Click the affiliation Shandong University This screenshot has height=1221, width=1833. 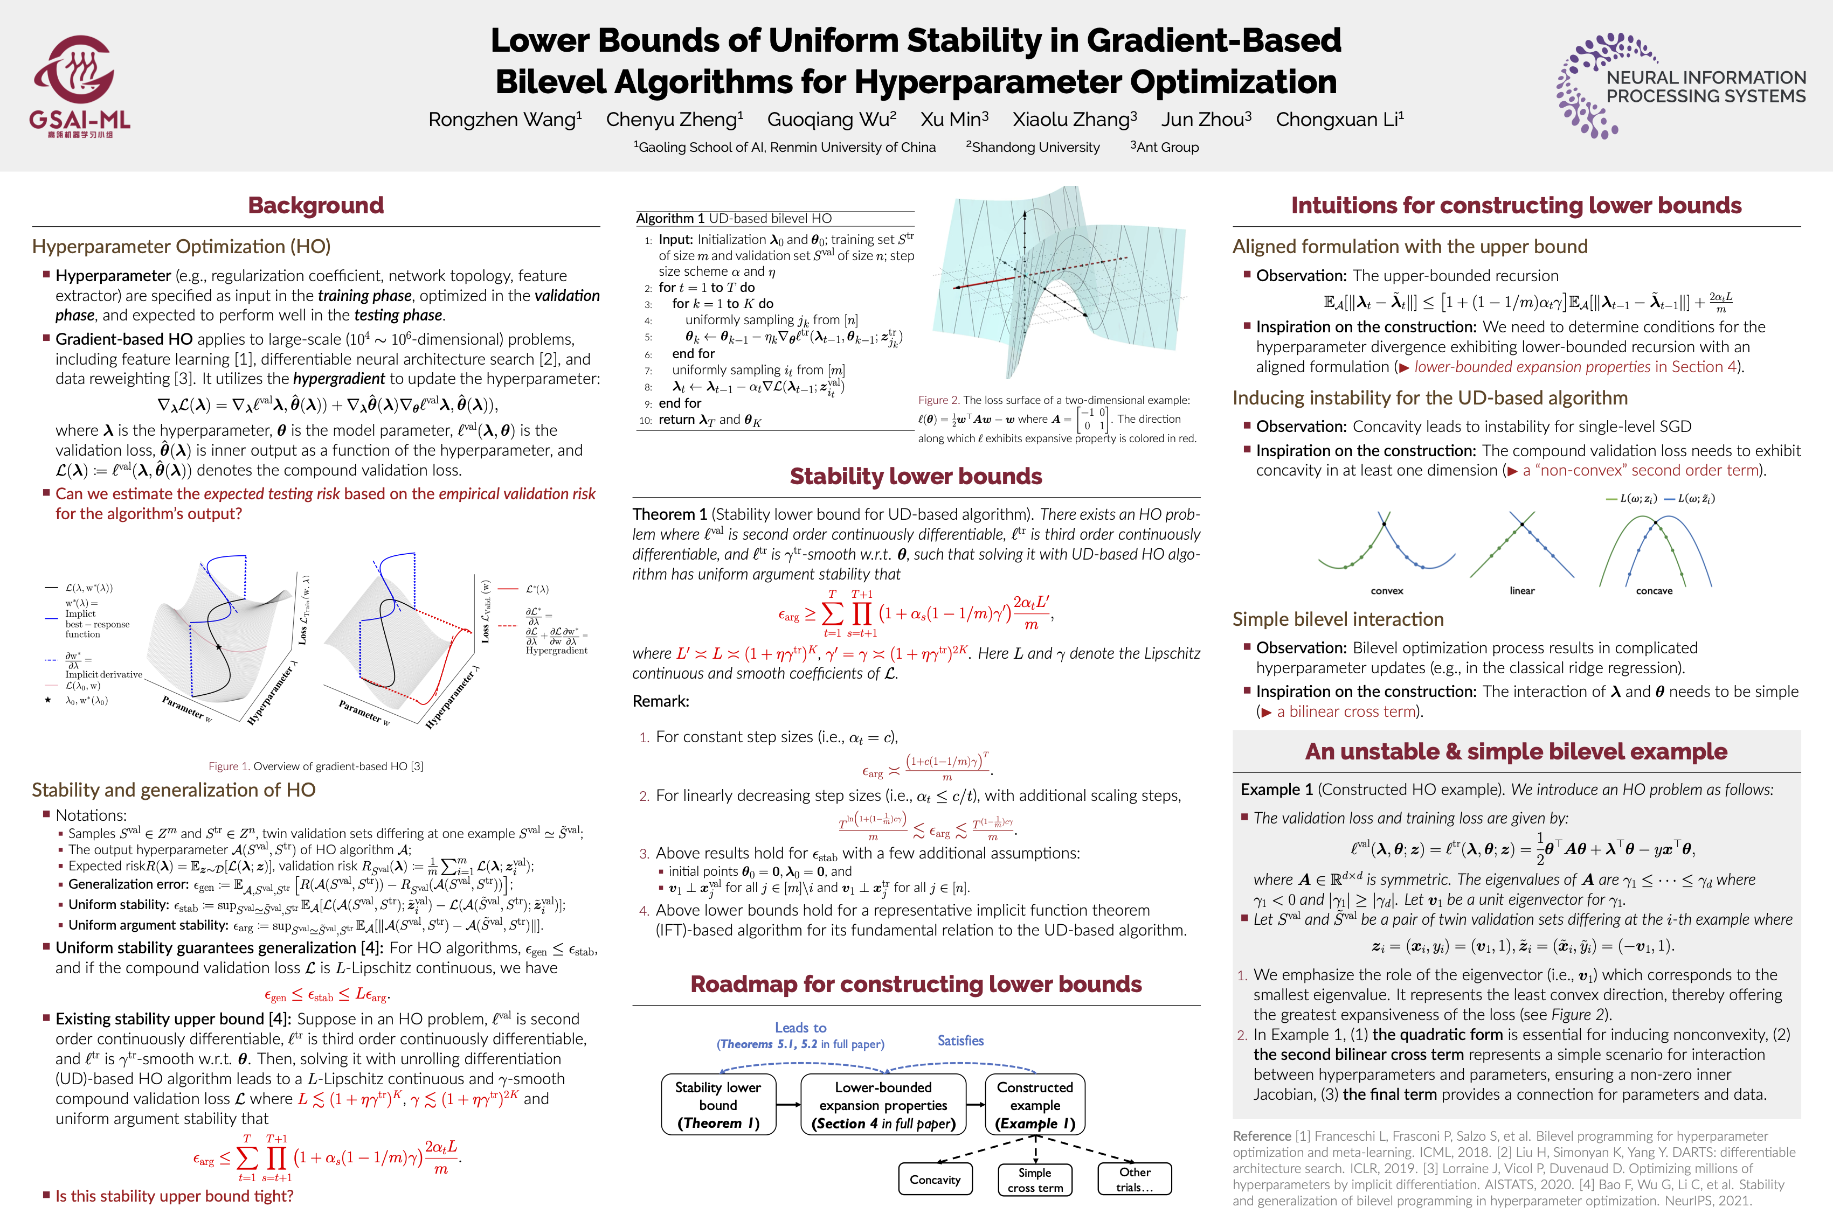[1033, 147]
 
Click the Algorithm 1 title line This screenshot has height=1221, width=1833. [734, 219]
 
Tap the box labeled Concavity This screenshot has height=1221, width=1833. [935, 1180]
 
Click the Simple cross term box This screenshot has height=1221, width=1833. [1034, 1180]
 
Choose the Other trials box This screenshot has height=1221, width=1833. [1134, 1180]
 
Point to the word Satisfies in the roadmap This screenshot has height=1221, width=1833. [960, 1041]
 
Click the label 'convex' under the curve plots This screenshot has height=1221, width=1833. [1387, 591]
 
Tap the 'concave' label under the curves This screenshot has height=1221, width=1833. [1654, 591]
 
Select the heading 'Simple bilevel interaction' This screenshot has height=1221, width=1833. [1338, 619]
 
